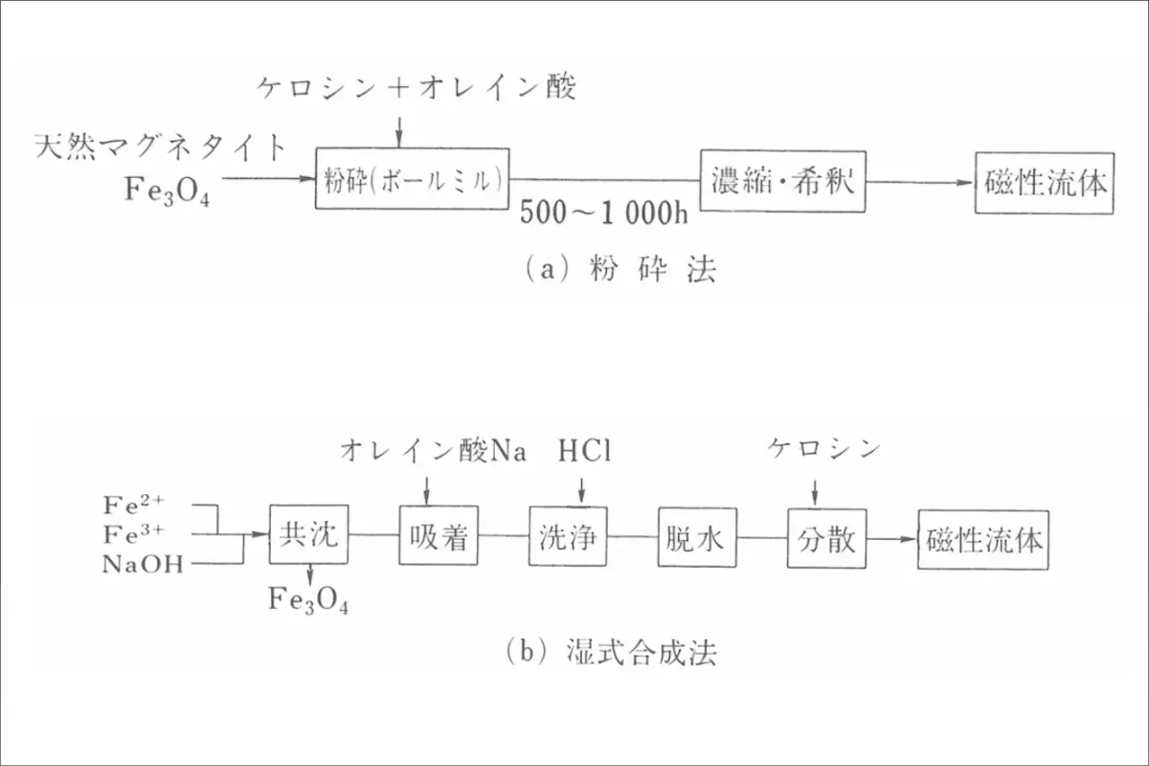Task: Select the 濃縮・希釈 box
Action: click(783, 181)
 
